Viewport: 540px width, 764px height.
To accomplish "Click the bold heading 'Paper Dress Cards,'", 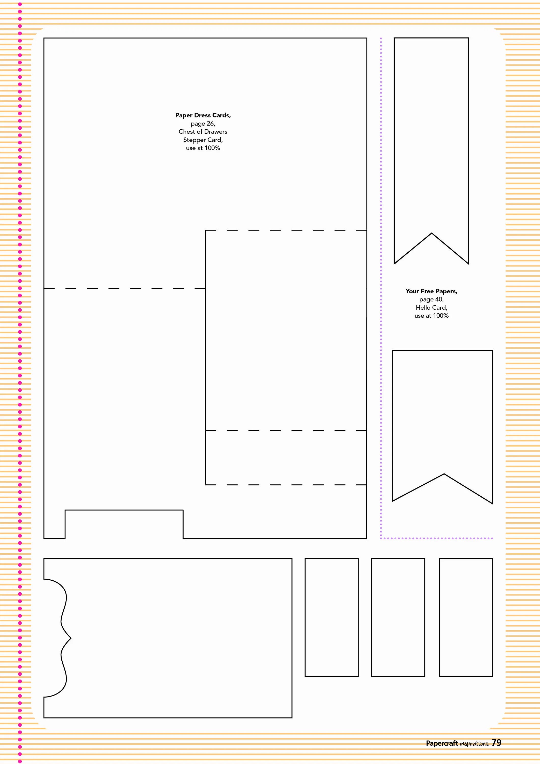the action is pos(203,115).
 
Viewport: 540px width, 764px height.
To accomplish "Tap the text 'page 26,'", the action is pos(203,124).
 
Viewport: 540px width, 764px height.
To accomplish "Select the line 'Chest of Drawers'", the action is pos(203,131).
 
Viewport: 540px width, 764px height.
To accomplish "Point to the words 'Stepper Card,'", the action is pos(203,140).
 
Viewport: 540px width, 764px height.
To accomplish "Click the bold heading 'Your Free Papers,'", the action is pos(431,291).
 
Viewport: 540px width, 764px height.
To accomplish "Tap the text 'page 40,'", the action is pos(431,299).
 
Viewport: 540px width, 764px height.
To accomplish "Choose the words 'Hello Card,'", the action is pos(431,307).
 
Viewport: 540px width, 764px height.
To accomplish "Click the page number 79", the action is pos(496,743).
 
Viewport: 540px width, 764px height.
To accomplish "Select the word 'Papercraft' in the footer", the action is pos(442,743).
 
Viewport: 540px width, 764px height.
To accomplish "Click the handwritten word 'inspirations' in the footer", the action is pos(474,744).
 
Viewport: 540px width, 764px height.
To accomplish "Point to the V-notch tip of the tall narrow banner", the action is pos(432,233).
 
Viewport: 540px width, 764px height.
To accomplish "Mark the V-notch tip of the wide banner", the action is pos(444,474).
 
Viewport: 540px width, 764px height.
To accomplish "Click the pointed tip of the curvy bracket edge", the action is pos(71,638).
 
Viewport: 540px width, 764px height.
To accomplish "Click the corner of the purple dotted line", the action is pos(381,538).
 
